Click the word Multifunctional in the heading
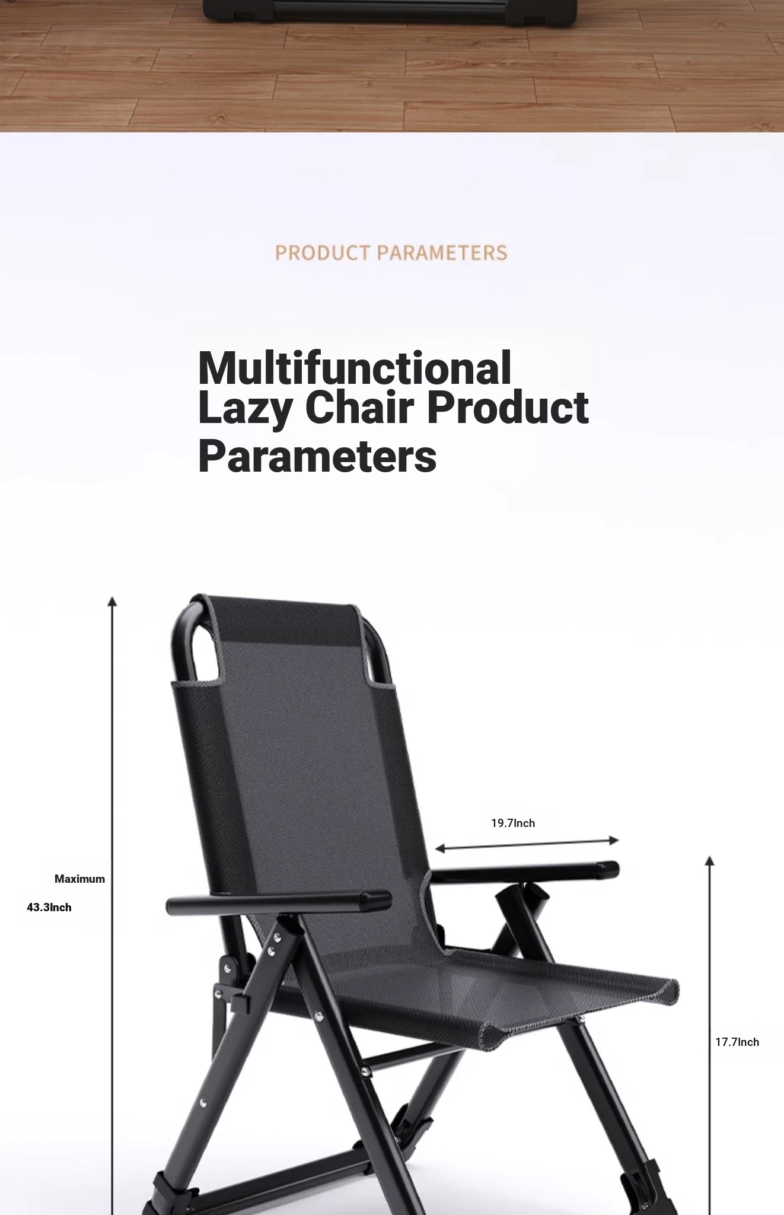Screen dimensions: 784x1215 click(x=355, y=368)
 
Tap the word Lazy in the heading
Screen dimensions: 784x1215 click(x=245, y=409)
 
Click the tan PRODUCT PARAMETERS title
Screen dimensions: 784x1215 click(x=391, y=253)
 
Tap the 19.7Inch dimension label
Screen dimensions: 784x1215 click(x=513, y=823)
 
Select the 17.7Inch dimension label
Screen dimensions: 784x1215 click(x=737, y=1042)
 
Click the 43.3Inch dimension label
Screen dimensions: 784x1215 click(x=49, y=907)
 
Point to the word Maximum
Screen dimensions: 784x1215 click(x=79, y=879)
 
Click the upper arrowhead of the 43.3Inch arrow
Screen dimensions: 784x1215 click(x=112, y=601)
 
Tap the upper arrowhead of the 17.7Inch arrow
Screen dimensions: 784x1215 click(x=709, y=861)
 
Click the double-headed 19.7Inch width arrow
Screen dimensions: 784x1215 click(x=527, y=844)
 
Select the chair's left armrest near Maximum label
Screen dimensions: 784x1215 click(x=278, y=902)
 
